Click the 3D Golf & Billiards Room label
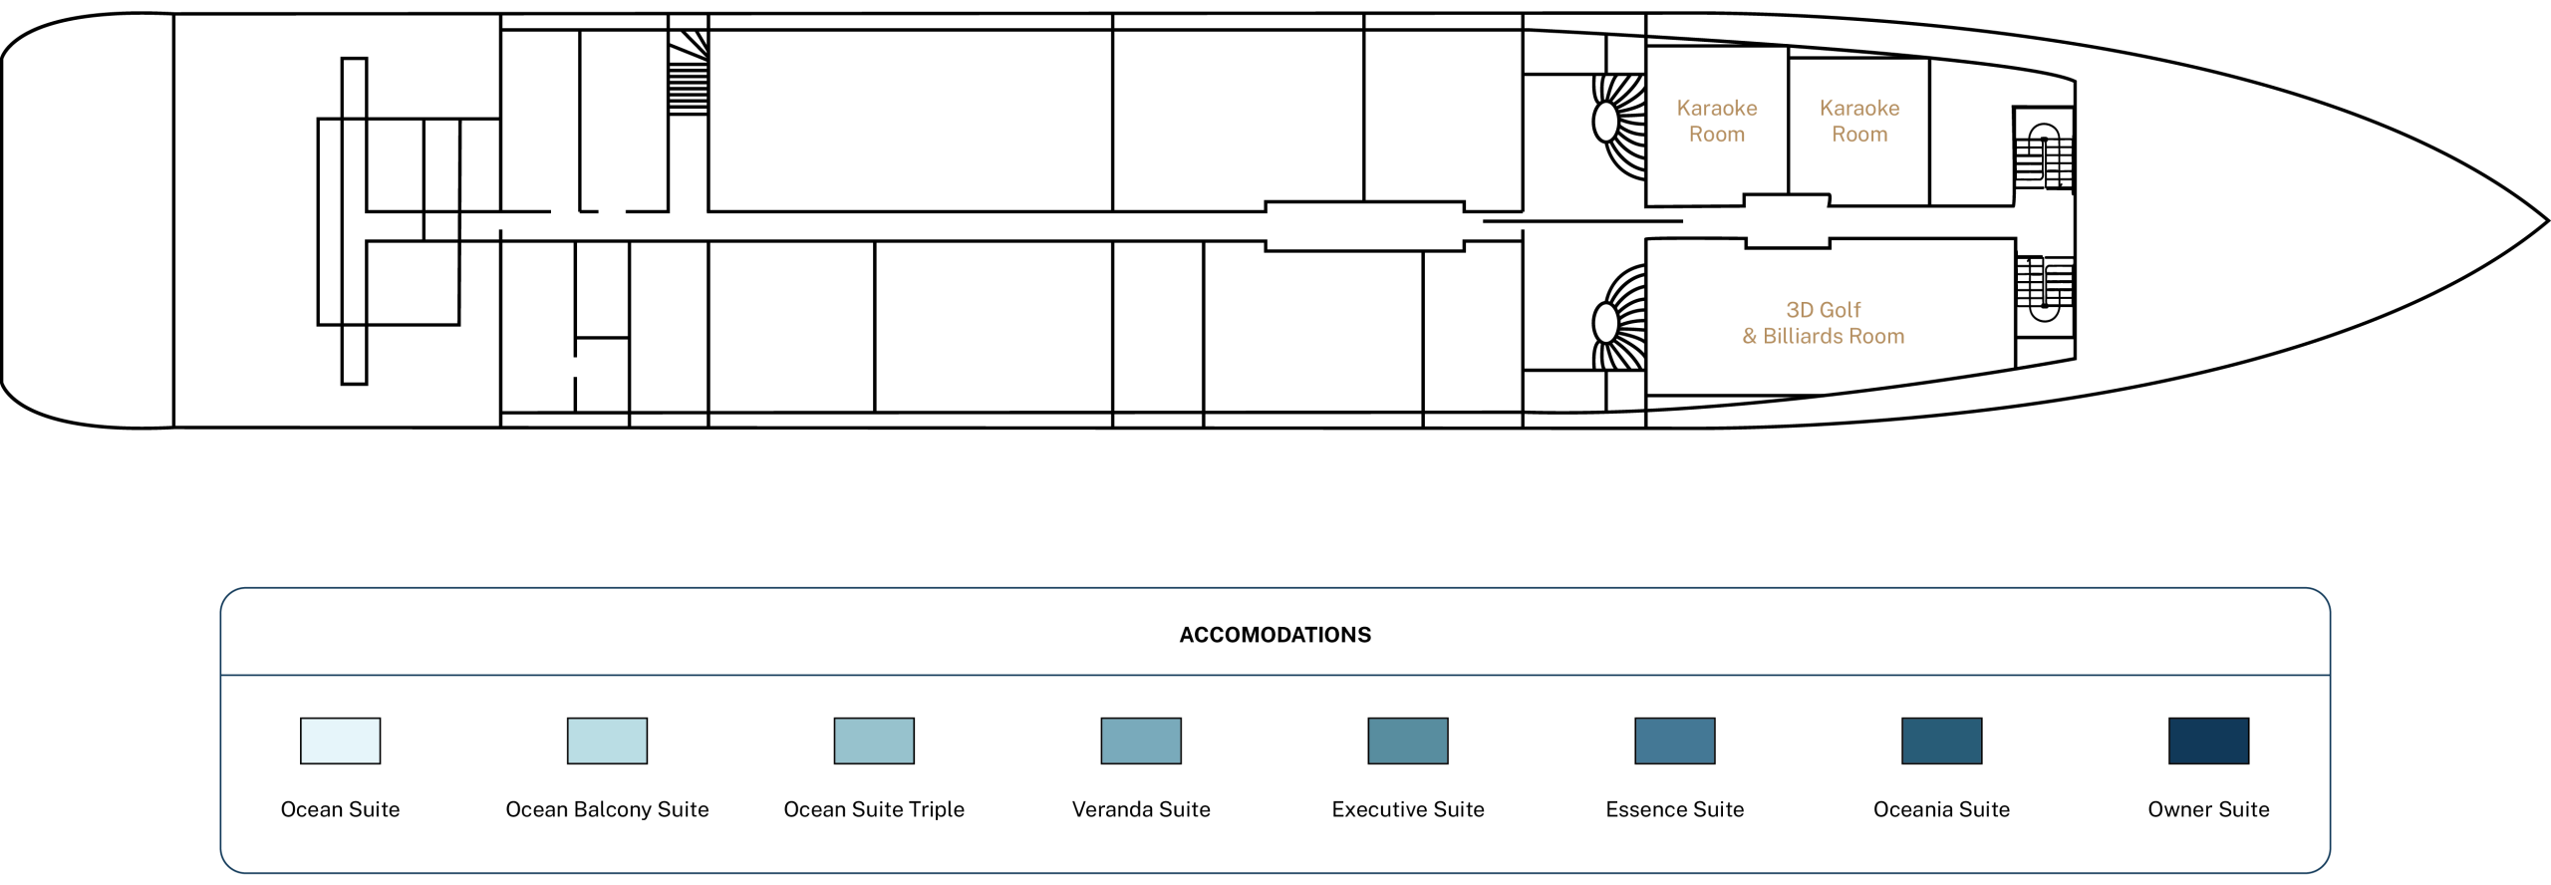1823,323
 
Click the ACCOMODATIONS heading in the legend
1275,635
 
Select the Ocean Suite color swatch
340,740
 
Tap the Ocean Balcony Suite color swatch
607,740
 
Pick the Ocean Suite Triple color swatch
874,740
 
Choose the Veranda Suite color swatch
1141,740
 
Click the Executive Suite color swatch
1408,740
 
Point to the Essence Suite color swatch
1675,740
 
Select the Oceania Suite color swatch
1942,740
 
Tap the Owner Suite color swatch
2209,740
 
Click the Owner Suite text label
2208,809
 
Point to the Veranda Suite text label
1141,809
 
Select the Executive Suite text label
1408,809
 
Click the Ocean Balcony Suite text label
607,809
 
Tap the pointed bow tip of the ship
2547,220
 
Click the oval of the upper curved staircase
1605,122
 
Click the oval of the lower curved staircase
1605,322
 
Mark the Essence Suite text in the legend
1675,809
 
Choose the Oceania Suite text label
1941,809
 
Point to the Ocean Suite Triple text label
874,809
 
